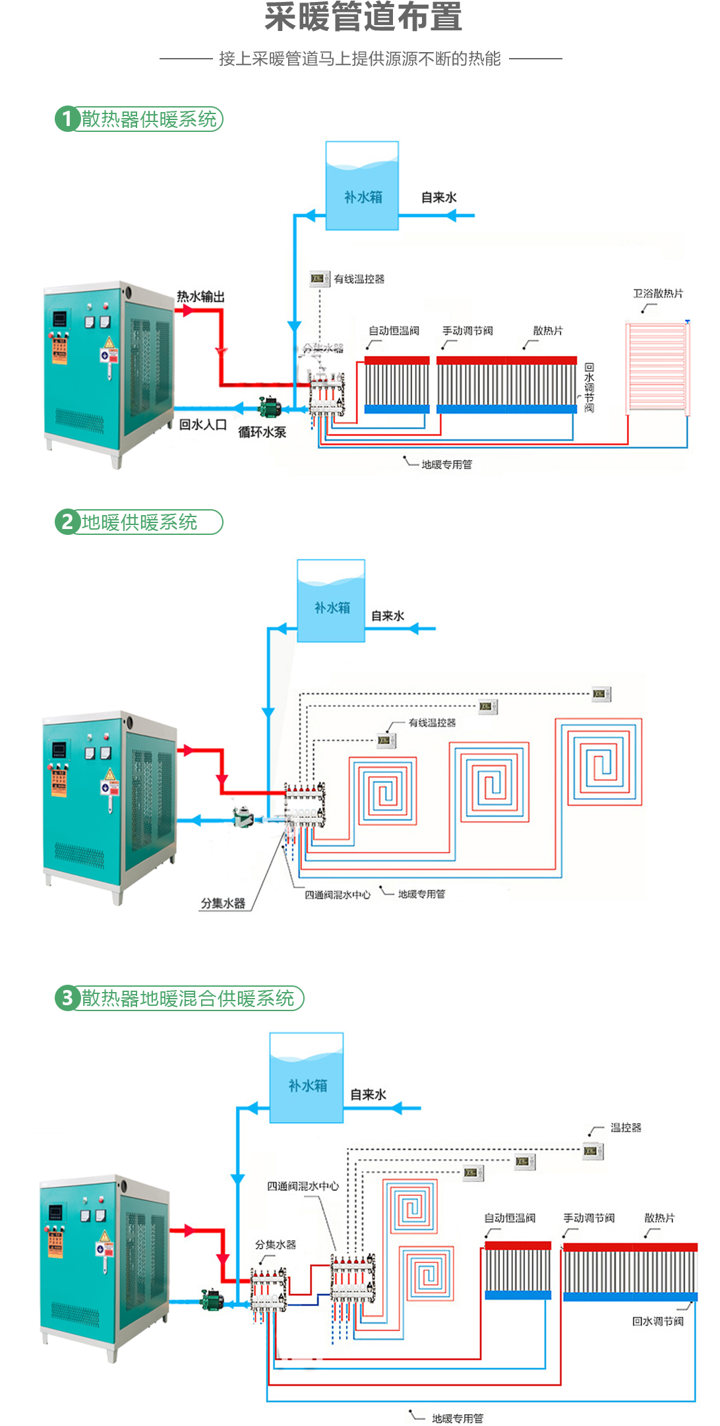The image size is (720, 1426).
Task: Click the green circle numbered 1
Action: [67, 119]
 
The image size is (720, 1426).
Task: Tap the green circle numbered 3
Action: [67, 998]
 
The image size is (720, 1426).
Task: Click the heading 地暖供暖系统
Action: [139, 522]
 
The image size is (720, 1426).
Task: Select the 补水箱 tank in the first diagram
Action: [362, 187]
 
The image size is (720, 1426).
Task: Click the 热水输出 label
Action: [200, 297]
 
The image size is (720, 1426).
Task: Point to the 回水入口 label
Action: [203, 425]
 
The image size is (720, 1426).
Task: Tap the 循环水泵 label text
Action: [262, 433]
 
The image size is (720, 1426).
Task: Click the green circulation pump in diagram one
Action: [270, 406]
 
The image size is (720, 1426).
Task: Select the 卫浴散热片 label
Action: [658, 294]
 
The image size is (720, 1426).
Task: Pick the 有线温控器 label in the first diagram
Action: [359, 279]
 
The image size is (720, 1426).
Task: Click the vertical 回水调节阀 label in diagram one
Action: [589, 387]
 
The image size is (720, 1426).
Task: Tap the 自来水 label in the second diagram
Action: [388, 616]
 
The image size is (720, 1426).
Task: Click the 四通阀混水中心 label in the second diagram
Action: [337, 895]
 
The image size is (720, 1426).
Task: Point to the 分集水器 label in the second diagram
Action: [223, 904]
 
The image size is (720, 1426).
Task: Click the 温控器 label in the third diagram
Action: [626, 1128]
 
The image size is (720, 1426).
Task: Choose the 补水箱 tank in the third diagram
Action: [307, 1078]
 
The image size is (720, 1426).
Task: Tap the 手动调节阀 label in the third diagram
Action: [589, 1218]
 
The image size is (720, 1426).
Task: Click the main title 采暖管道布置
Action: [363, 16]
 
